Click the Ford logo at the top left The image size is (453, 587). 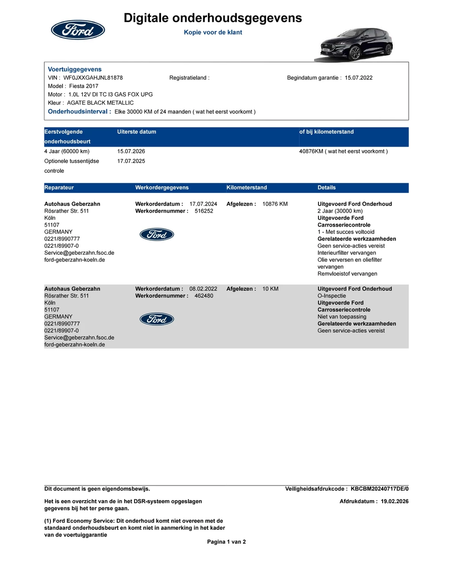78,30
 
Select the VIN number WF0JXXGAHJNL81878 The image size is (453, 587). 93,78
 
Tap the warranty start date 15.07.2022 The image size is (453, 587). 358,78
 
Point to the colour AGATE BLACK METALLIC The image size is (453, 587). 100,103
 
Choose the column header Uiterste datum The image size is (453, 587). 137,132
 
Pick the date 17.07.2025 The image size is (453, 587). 131,161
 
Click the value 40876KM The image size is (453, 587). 311,152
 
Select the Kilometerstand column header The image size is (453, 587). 246,188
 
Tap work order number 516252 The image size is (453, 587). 204,211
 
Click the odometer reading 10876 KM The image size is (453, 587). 275,204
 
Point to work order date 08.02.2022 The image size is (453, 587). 203,289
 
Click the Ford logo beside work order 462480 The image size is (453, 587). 157,319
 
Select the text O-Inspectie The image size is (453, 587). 332,296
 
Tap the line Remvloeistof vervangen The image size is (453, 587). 347,274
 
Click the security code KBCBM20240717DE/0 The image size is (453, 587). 380,489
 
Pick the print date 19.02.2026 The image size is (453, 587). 395,501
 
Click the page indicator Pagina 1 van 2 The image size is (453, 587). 226,542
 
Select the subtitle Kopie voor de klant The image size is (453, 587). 213,32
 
